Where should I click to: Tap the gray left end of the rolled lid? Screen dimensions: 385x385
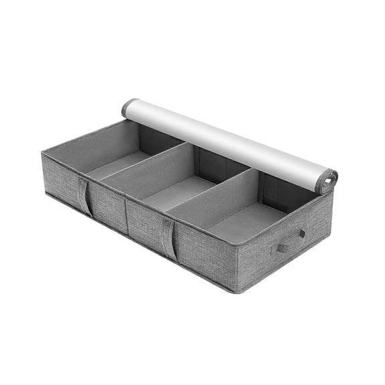point(128,107)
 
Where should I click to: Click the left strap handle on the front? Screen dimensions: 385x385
point(84,195)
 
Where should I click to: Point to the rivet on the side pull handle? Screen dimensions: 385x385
point(302,233)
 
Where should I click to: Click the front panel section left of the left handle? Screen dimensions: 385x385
point(60,180)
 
